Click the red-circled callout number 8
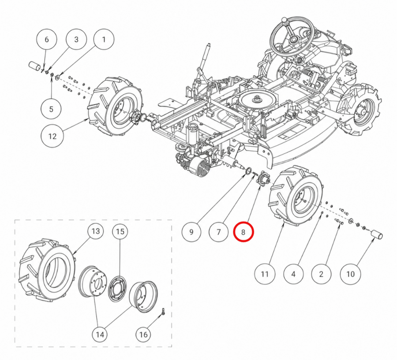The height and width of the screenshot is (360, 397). click(243, 232)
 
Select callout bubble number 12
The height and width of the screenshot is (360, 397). click(52, 136)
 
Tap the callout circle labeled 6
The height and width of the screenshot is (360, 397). click(47, 40)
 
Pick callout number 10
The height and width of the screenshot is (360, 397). click(350, 274)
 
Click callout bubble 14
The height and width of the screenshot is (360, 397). click(100, 335)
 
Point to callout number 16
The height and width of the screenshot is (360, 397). click(143, 335)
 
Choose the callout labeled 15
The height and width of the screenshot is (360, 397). click(120, 231)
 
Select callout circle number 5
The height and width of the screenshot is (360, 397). click(52, 109)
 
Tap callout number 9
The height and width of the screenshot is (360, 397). click(191, 232)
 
